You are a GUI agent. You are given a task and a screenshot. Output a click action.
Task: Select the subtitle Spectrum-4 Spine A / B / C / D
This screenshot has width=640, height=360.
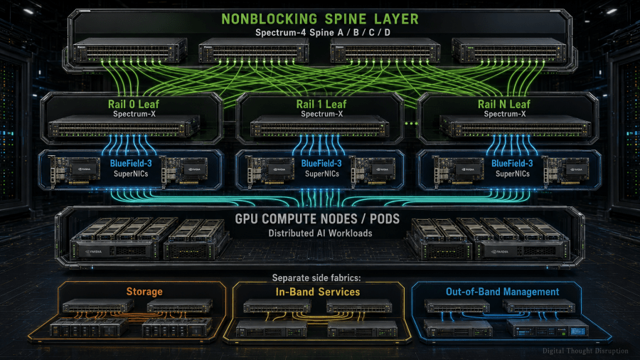click(322, 33)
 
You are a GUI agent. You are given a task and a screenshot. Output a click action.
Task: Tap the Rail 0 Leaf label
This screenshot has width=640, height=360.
click(134, 104)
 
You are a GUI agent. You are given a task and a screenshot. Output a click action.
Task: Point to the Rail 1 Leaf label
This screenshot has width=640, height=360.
click(321, 104)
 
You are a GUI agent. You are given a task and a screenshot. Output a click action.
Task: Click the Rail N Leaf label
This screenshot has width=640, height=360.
click(504, 104)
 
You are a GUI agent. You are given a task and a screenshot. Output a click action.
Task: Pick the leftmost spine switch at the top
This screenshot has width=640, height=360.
click(130, 51)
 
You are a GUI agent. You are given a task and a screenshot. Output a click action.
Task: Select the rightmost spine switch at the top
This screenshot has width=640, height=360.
click(509, 51)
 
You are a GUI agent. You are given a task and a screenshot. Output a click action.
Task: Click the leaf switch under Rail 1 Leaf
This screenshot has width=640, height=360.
click(319, 126)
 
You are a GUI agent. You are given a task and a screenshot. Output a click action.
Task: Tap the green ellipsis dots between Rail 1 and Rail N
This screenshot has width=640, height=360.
click(411, 123)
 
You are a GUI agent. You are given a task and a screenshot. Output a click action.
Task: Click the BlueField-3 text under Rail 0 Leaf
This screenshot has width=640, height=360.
click(131, 163)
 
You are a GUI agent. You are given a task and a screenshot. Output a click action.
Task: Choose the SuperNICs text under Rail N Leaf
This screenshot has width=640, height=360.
click(513, 174)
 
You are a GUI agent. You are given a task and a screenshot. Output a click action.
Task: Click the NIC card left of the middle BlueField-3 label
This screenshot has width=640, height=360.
click(271, 171)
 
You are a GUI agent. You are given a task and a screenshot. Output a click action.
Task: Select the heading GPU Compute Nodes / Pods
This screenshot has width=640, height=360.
click(317, 219)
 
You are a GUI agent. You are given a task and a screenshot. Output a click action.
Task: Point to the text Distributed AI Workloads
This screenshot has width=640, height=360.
click(321, 233)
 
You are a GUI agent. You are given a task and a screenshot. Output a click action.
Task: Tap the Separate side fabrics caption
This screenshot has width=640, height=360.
click(316, 278)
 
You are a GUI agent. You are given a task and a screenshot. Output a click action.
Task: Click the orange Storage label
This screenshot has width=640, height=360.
click(144, 292)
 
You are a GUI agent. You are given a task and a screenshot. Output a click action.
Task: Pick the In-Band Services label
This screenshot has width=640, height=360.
click(318, 292)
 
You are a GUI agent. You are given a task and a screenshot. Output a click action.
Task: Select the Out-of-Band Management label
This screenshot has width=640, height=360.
click(503, 292)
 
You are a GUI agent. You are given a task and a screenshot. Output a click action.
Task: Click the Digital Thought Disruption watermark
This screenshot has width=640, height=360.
click(585, 351)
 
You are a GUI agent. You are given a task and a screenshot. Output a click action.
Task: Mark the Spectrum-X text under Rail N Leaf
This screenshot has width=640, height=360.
click(505, 115)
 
